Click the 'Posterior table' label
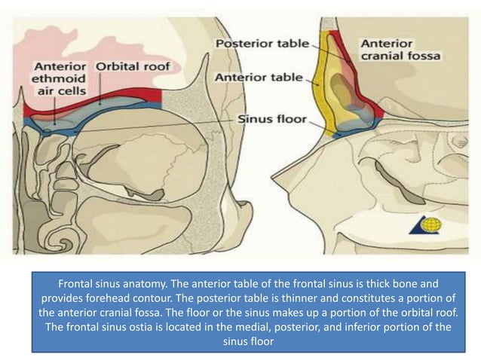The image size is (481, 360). point(262,44)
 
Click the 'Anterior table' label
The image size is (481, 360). point(259,78)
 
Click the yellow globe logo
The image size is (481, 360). point(431,224)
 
